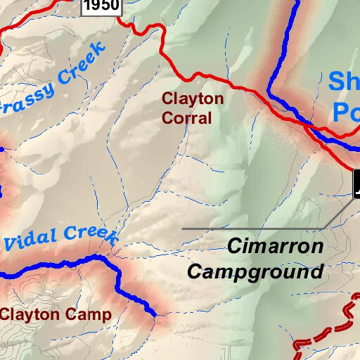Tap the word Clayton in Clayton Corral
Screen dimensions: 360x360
(x=193, y=99)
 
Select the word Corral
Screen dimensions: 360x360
(x=186, y=118)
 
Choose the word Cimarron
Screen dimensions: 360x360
(x=275, y=247)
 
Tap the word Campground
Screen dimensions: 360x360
(x=255, y=271)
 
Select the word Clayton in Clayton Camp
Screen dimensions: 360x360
(x=30, y=314)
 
